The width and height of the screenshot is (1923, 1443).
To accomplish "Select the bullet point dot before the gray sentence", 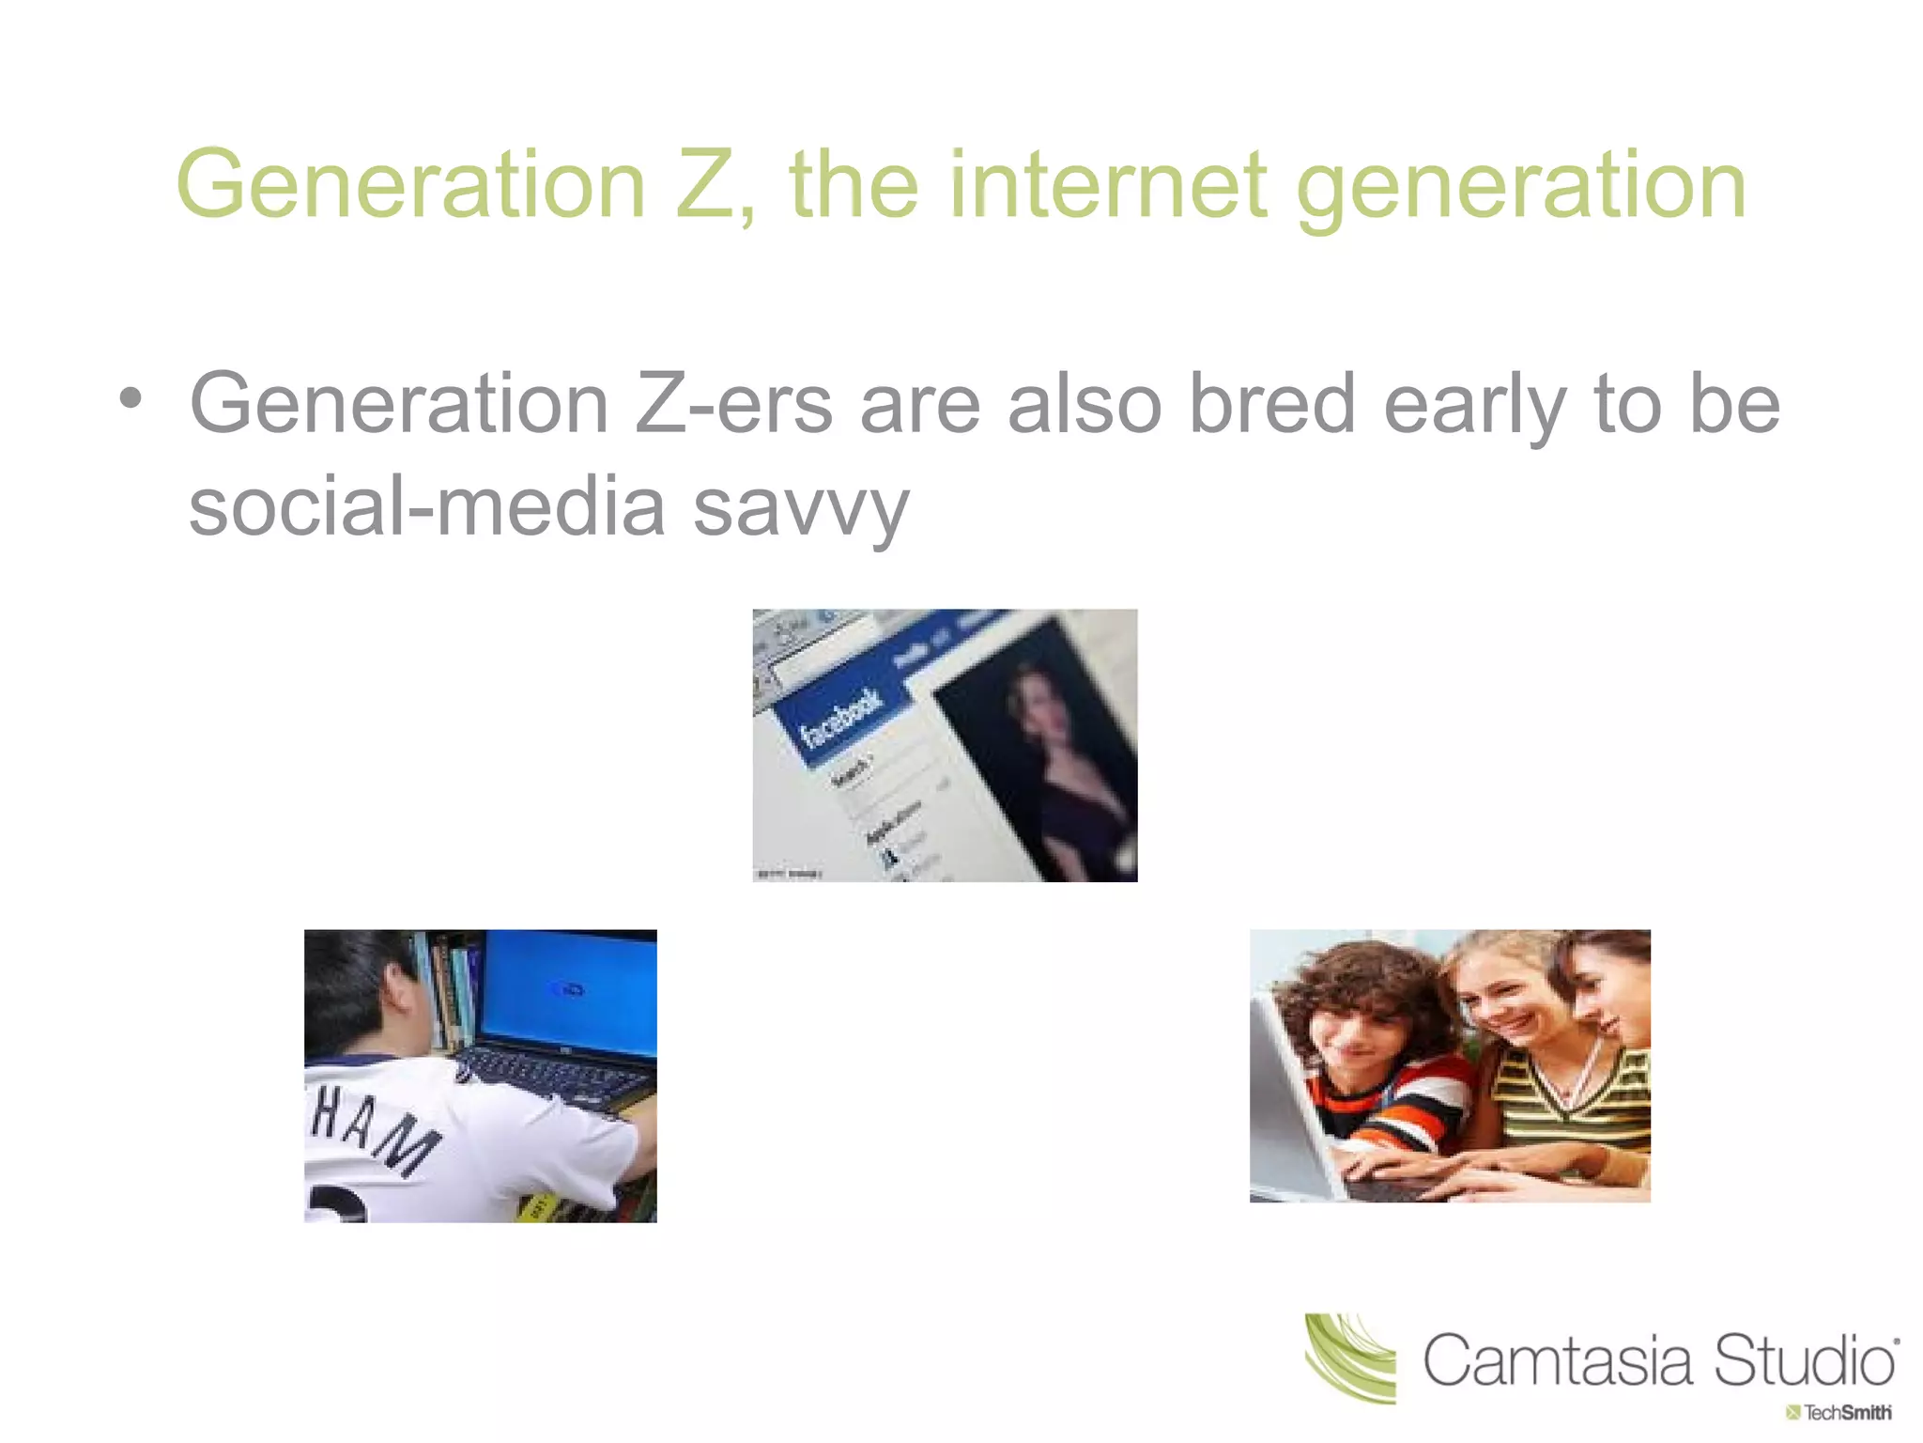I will pyautogui.click(x=131, y=398).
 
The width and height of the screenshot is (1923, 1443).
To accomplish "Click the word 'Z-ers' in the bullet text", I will pyautogui.click(x=733, y=404).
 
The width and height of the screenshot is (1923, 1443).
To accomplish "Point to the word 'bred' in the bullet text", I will pyautogui.click(x=1272, y=404).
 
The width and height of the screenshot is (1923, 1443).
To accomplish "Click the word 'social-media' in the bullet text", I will pyautogui.click(x=427, y=505).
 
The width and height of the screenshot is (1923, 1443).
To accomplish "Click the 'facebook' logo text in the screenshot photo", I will pyautogui.click(x=840, y=719).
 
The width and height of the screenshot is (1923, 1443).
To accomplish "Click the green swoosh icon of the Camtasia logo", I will pyautogui.click(x=1350, y=1358).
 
